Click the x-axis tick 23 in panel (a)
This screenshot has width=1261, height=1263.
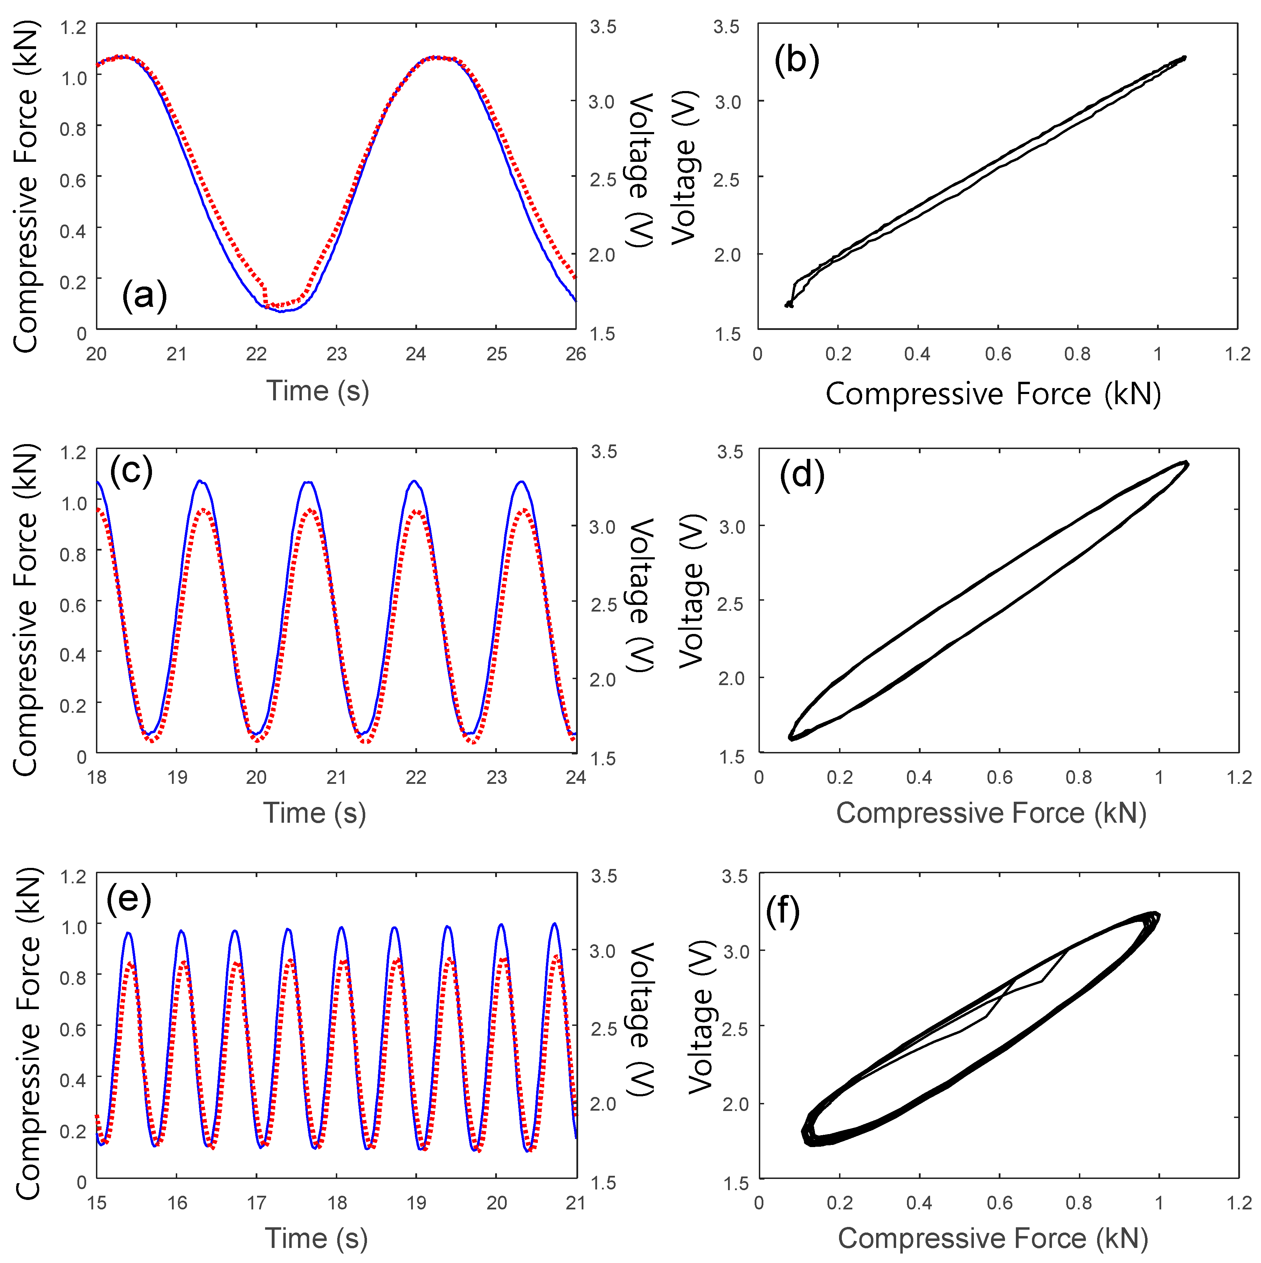point(336,354)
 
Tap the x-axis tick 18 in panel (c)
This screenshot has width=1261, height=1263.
point(97,777)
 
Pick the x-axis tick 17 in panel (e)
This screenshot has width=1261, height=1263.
point(256,1203)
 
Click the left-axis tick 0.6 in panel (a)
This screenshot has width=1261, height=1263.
point(73,180)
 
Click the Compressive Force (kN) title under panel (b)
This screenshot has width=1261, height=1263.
point(993,394)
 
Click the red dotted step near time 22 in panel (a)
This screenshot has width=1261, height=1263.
point(265,294)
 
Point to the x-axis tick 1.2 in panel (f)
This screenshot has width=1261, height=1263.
point(1238,1203)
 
